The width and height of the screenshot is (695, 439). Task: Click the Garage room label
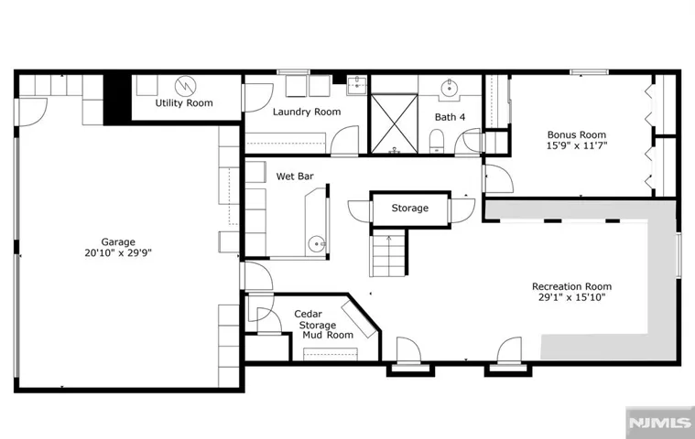click(118, 242)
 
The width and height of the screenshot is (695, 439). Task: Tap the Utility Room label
click(184, 103)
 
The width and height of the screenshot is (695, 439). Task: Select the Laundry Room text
click(307, 112)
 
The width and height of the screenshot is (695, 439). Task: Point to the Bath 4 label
click(450, 117)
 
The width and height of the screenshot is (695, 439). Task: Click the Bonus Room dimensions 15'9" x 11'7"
click(576, 145)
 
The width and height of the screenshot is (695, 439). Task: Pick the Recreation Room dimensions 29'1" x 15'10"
click(571, 297)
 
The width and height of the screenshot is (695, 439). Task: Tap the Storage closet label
click(410, 208)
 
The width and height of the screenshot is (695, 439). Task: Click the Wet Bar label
click(295, 177)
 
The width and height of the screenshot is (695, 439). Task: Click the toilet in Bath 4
click(436, 141)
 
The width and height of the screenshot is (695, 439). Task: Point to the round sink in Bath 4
click(450, 88)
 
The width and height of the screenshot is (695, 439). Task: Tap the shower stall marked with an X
click(394, 123)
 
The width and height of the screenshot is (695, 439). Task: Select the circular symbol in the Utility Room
click(185, 86)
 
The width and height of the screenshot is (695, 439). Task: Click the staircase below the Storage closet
click(388, 253)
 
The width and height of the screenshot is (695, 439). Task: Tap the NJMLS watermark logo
click(660, 423)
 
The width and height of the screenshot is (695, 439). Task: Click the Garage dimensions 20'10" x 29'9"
click(118, 253)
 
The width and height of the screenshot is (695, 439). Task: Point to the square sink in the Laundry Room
click(356, 85)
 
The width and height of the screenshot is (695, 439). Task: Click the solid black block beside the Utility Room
click(117, 99)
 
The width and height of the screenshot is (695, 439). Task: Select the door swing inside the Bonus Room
click(500, 178)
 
